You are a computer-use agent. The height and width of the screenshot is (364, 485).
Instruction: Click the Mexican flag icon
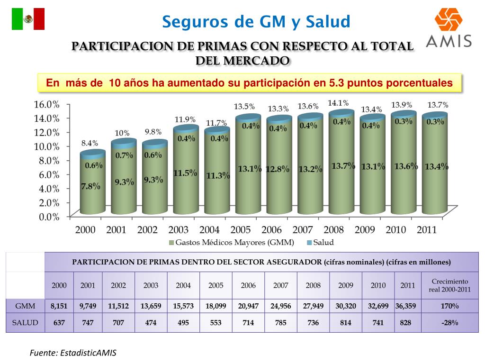[28, 19]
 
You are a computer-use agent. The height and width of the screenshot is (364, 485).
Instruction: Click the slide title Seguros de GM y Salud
[256, 21]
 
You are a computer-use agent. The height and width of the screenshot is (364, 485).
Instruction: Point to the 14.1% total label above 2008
[338, 103]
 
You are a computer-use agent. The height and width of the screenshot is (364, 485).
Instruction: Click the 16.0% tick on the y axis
[46, 104]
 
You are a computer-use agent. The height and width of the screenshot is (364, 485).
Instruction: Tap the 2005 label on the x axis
[241, 230]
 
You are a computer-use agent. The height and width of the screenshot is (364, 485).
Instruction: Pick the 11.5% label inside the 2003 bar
[185, 173]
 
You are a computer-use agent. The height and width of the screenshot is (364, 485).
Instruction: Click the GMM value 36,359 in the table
[406, 306]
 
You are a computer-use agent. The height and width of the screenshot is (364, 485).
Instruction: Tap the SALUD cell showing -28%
[449, 323]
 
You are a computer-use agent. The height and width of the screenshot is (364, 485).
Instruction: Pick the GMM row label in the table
[25, 306]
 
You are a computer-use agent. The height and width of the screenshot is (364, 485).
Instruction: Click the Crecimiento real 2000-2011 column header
[449, 285]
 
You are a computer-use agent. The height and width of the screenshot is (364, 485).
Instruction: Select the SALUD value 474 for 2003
[151, 323]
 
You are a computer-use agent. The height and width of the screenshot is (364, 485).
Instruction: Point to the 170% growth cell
[449, 306]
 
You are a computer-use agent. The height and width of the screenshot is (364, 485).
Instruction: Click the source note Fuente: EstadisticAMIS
[73, 353]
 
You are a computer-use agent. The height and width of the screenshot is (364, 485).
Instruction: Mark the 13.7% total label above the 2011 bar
[438, 105]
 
